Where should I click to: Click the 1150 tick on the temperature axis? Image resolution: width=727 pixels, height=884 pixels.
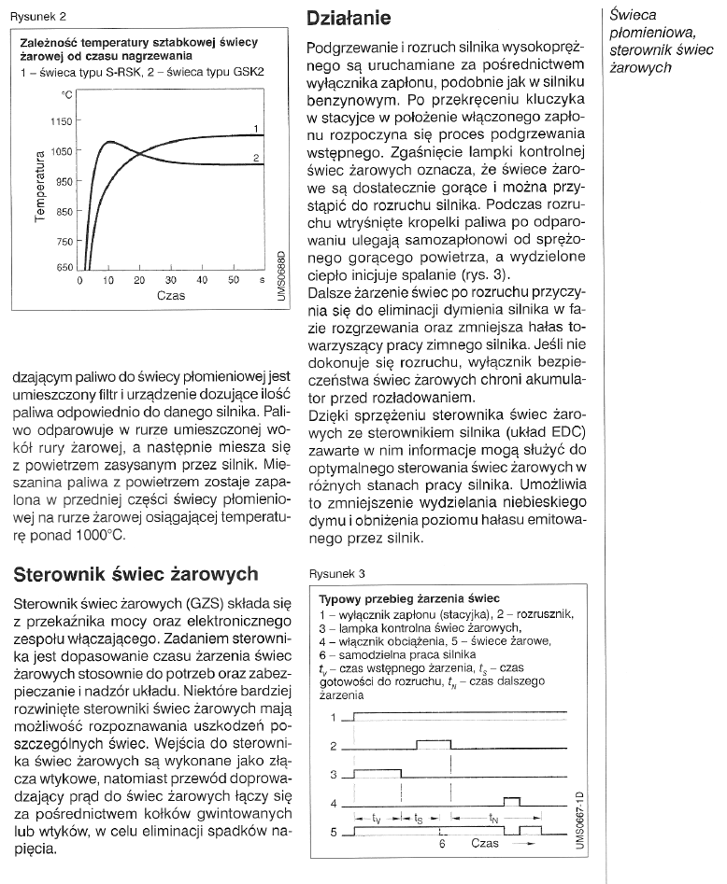tap(61, 121)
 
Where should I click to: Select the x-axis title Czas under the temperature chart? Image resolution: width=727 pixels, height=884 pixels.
tap(171, 296)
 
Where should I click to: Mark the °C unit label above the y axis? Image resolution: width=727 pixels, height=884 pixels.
tap(66, 94)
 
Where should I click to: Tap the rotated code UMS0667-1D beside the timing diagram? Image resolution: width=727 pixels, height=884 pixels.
tap(581, 820)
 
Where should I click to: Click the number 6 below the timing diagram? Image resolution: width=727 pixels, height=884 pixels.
tap(442, 846)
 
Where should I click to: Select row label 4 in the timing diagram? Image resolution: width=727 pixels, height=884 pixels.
tap(334, 803)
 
